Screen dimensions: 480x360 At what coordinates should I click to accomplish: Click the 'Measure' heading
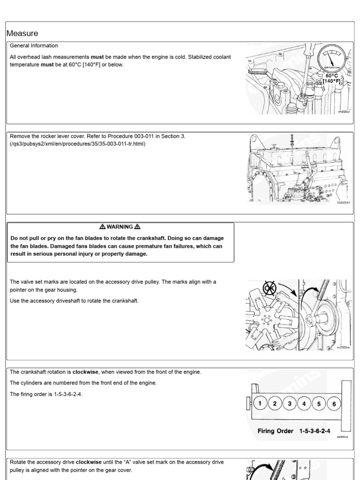point(22,34)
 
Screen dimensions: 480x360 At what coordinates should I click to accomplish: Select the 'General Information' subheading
point(34,46)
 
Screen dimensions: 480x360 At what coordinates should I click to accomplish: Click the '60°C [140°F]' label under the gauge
point(331,78)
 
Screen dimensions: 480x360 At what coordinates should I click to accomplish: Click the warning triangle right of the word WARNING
point(137,227)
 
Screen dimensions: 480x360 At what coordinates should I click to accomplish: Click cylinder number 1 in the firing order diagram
point(260,404)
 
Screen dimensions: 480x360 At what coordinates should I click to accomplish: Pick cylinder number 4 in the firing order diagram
point(304,404)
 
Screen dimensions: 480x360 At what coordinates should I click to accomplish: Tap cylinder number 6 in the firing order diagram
point(334,404)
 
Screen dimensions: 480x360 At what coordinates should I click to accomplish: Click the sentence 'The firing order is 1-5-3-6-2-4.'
point(47,394)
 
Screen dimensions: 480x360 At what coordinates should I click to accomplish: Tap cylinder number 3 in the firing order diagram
point(290,404)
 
